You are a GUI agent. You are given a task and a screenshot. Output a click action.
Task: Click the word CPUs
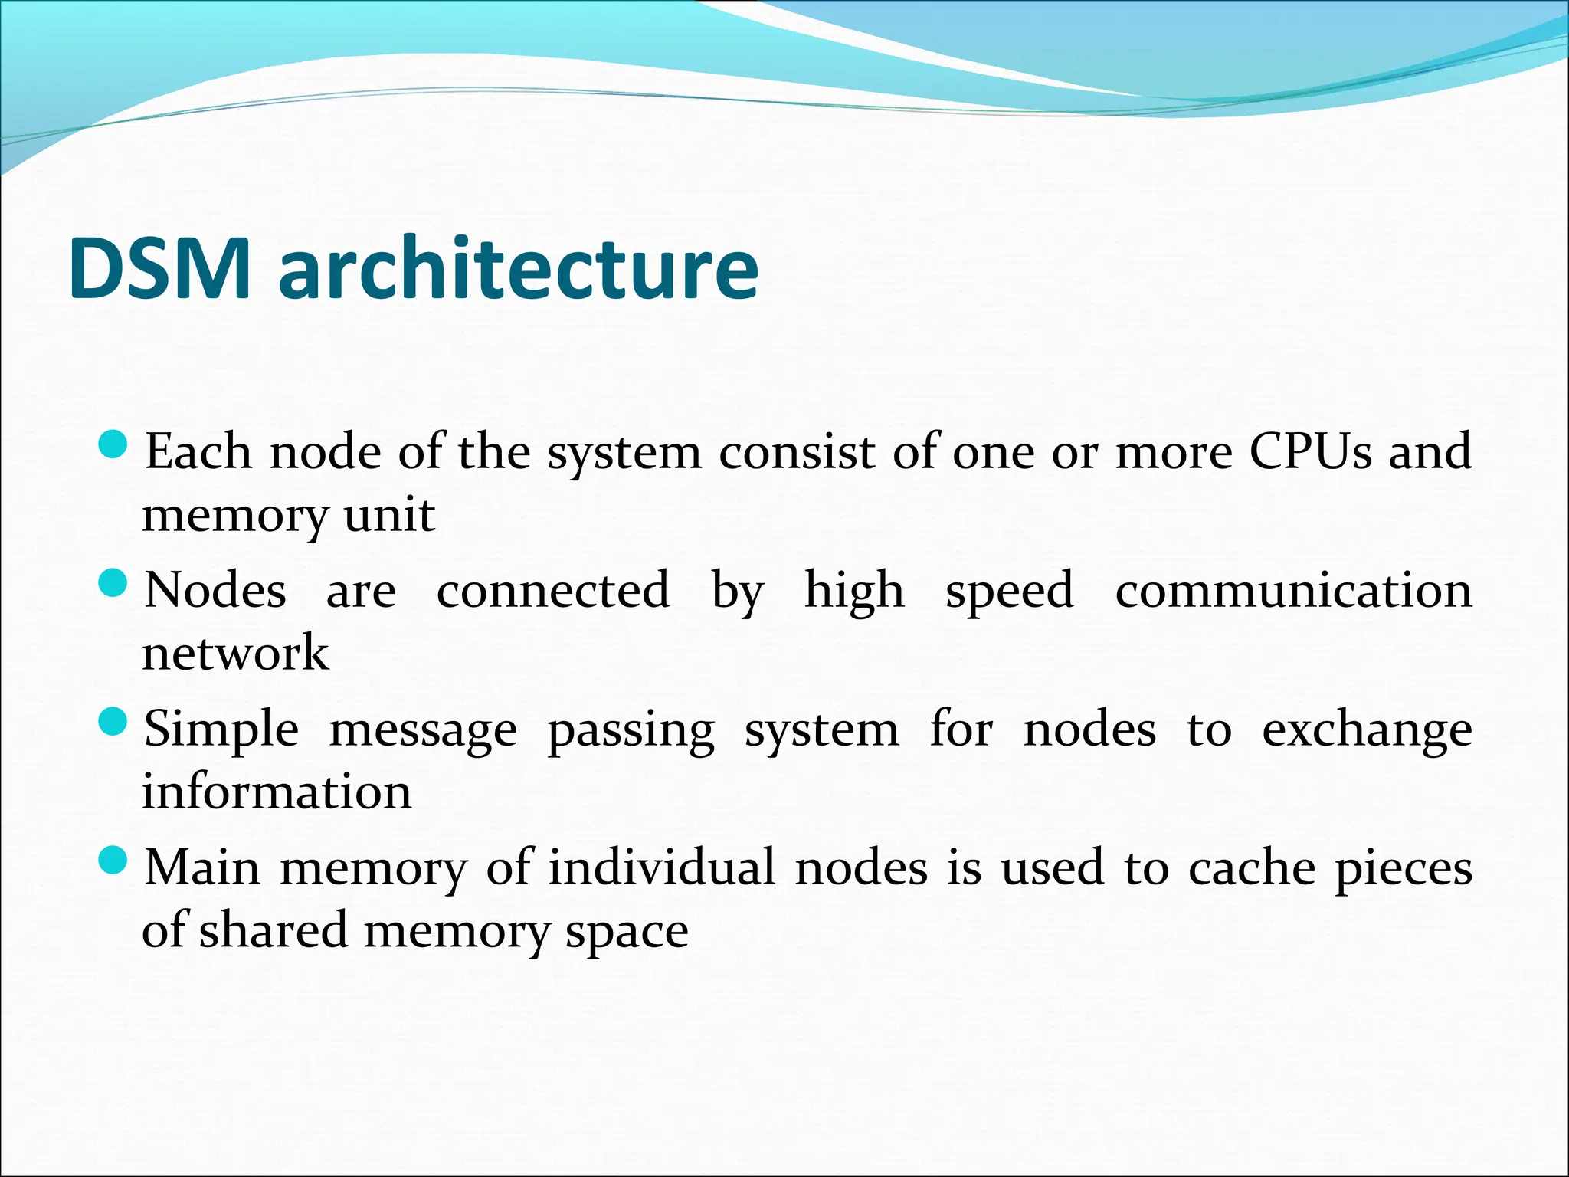click(1310, 452)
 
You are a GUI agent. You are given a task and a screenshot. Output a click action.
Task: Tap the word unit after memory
click(389, 515)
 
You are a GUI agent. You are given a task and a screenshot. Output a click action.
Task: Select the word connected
click(553, 591)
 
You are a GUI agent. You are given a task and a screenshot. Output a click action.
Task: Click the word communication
click(1293, 591)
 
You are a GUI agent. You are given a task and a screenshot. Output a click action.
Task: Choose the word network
click(235, 654)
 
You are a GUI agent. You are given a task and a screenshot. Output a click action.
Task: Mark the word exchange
click(1367, 730)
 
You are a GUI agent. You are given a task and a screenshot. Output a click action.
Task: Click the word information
click(277, 792)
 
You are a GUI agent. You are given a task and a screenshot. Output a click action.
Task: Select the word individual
click(661, 868)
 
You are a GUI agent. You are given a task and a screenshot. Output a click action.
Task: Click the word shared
click(274, 930)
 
